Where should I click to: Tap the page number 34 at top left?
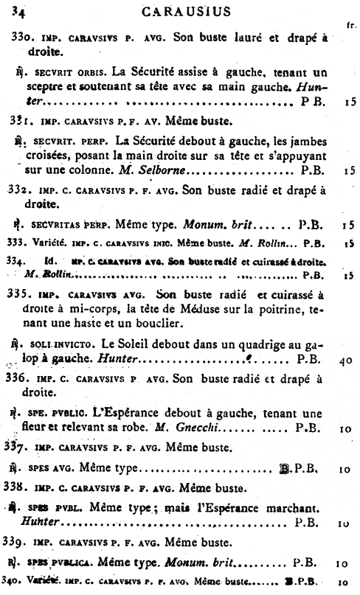pos(18,11)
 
